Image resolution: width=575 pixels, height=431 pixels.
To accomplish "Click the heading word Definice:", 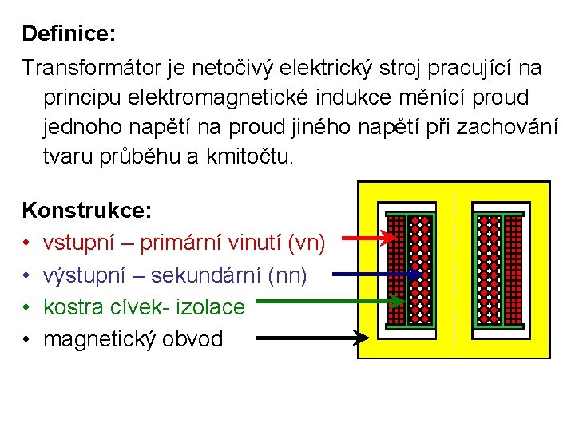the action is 69,34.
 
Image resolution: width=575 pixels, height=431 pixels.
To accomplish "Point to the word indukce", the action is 343,97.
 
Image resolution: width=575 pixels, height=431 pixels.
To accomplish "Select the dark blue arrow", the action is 375,275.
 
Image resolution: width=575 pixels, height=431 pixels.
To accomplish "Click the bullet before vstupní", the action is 27,243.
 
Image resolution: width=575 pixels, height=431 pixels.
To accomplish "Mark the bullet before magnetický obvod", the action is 27,339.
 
